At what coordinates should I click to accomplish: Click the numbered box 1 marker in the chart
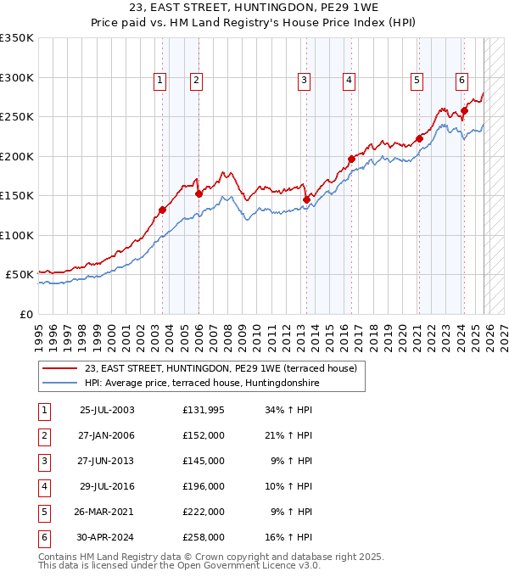tap(160, 81)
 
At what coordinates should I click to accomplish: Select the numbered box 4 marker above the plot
tap(349, 81)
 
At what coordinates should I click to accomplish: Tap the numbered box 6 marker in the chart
tap(461, 81)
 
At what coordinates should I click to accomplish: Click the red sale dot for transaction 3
tap(306, 200)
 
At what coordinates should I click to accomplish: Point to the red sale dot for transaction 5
tap(419, 139)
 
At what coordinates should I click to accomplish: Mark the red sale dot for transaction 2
tap(199, 193)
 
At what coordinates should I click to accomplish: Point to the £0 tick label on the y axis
tap(25, 314)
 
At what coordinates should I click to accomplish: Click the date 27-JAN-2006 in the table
tap(107, 435)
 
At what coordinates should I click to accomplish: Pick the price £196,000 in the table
tap(204, 486)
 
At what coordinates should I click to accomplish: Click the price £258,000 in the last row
tap(204, 537)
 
